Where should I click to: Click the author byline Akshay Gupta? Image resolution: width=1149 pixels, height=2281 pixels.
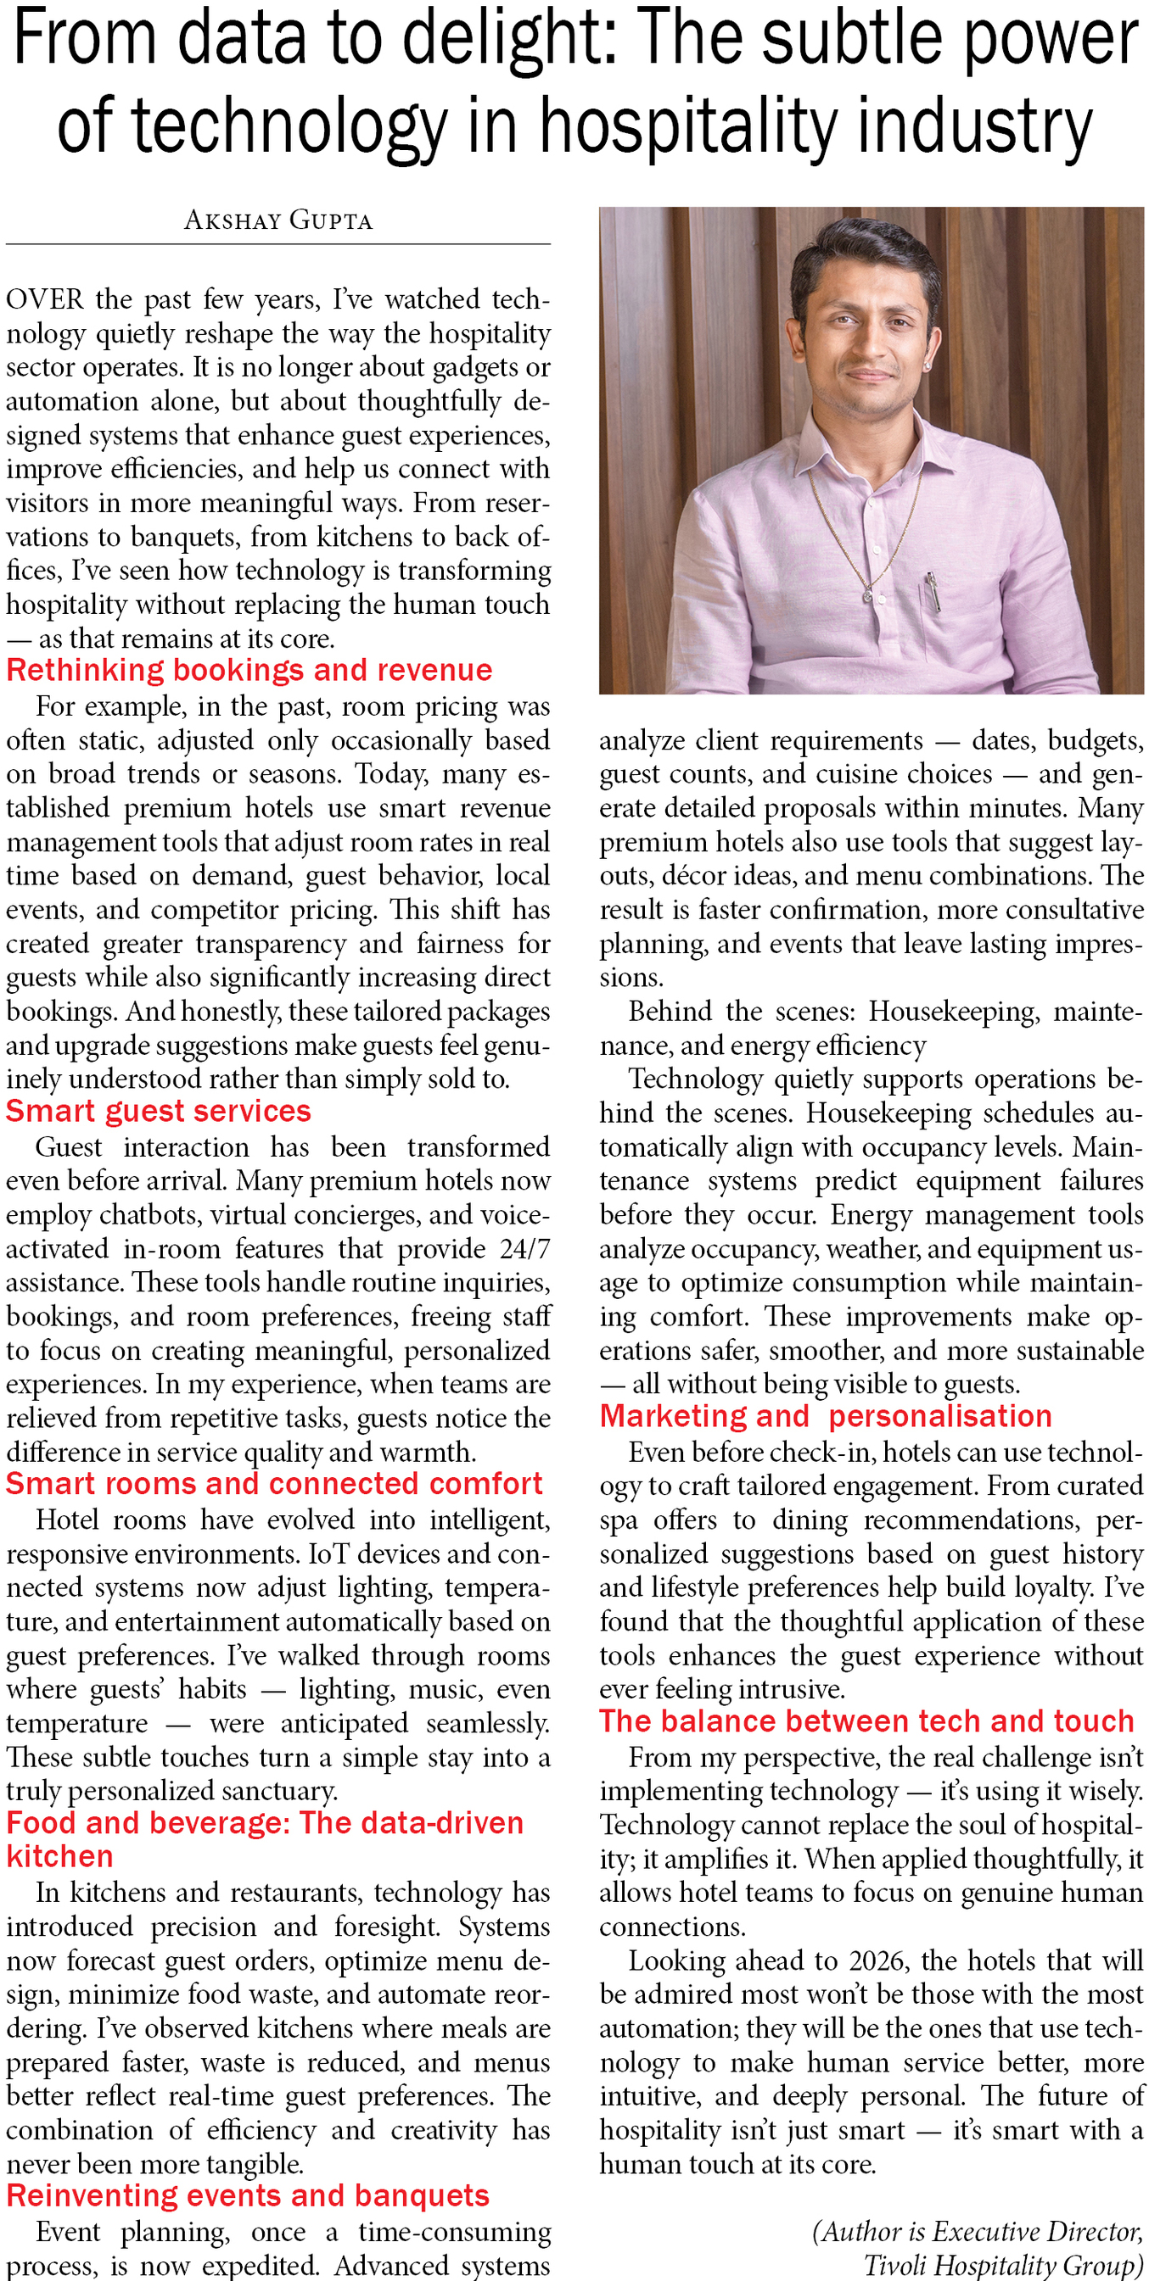[x=278, y=220]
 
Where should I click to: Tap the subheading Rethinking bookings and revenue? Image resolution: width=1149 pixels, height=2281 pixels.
[x=249, y=671]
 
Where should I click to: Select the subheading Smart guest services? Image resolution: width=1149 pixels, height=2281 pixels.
[x=159, y=1112]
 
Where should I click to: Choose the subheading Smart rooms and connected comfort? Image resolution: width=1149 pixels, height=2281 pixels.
[x=274, y=1484]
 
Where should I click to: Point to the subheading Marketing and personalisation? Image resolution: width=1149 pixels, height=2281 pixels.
[x=826, y=1417]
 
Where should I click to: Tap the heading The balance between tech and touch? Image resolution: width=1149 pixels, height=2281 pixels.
[x=866, y=1721]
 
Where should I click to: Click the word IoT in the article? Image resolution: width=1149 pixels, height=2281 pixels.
[x=328, y=1554]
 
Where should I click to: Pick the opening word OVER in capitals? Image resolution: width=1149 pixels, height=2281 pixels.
[x=45, y=299]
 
